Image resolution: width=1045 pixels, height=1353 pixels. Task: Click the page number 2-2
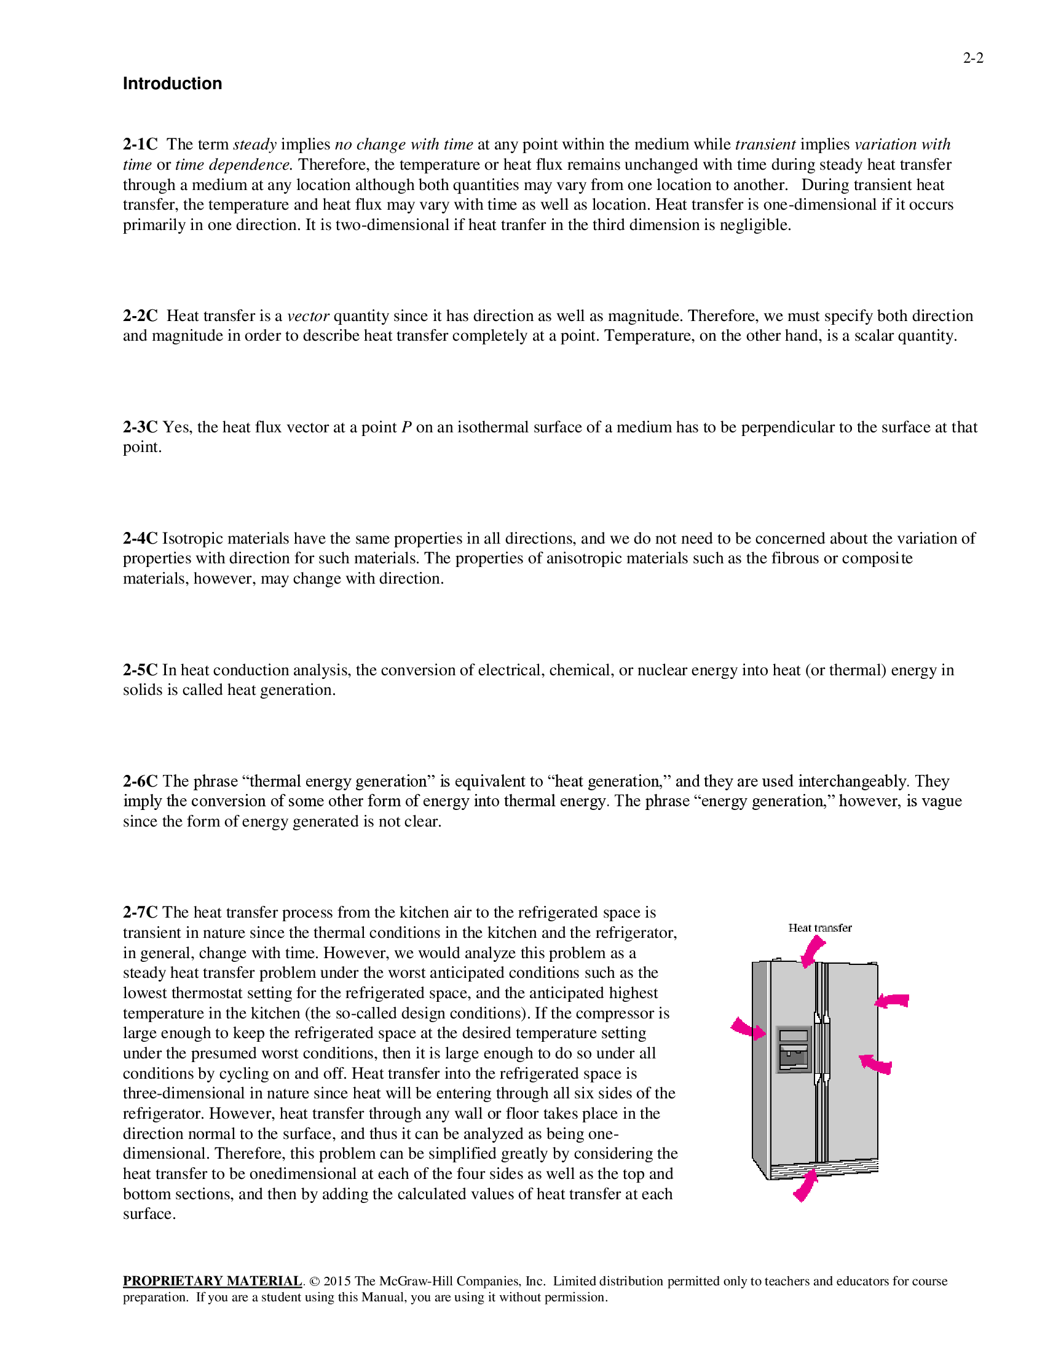coord(972,58)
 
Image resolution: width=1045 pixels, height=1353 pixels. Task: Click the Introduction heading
coord(172,84)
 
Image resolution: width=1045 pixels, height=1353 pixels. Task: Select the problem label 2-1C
coord(140,145)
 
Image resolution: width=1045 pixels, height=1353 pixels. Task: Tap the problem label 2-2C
coord(140,316)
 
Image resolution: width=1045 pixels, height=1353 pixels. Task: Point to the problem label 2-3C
coord(140,427)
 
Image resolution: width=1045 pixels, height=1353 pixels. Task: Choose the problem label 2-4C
coord(140,538)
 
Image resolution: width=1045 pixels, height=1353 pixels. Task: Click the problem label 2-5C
coord(140,670)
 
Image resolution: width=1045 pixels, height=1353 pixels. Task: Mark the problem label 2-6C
coord(140,781)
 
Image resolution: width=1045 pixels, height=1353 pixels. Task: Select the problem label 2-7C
coord(140,913)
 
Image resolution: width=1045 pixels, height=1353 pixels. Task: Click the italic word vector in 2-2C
coord(308,316)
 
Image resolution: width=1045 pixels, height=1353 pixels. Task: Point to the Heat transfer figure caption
coord(819,928)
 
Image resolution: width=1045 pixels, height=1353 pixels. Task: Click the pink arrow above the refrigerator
coord(811,951)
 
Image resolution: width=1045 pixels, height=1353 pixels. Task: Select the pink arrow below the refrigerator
coord(805,1185)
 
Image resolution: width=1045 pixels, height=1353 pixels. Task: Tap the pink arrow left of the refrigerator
coord(747,1028)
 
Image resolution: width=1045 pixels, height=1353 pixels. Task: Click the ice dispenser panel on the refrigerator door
coord(794,1049)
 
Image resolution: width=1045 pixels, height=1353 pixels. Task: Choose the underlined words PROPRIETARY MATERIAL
coord(211,1281)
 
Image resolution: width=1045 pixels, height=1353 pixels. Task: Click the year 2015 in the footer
coord(337,1281)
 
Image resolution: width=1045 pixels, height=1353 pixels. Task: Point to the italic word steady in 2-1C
coord(254,145)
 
